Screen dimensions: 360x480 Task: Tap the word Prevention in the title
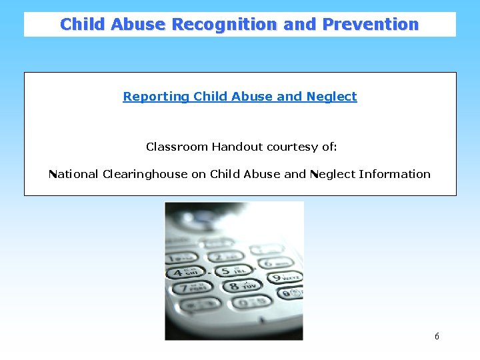371,25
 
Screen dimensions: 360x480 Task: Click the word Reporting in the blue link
156,97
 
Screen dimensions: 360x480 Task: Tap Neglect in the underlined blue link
331,97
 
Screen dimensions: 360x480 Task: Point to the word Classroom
177,147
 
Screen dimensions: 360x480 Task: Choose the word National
73,174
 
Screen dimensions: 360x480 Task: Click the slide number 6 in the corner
437,337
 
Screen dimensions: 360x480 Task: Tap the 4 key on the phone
187,272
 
